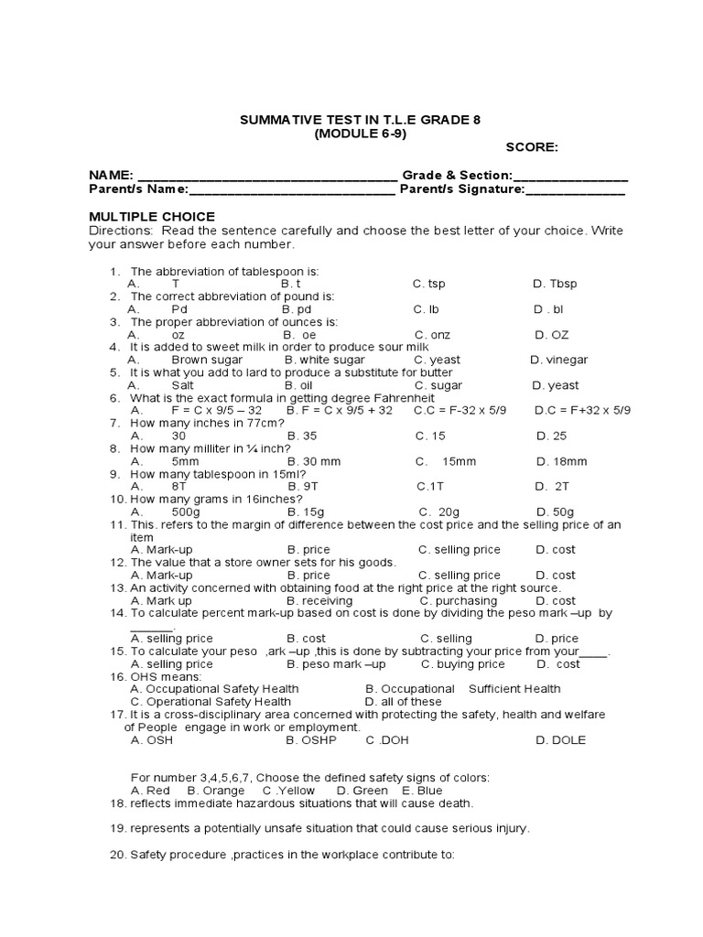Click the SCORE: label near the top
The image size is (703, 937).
tap(532, 147)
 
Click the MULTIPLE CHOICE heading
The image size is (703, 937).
tap(152, 217)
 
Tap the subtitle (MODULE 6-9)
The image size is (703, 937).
tap(360, 134)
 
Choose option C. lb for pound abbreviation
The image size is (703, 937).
tap(427, 310)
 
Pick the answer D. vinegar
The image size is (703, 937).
tap(559, 361)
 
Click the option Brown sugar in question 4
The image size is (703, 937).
tap(207, 361)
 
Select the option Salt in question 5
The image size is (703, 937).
tap(183, 386)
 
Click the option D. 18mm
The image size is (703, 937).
tap(561, 462)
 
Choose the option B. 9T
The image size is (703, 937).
tap(302, 487)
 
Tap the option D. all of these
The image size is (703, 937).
tap(404, 702)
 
